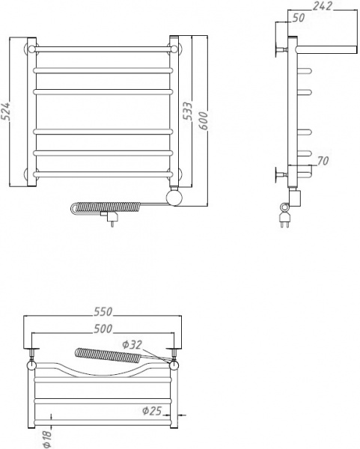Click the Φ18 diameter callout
pyautogui.click(x=46, y=437)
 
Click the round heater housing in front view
pyautogui.click(x=174, y=198)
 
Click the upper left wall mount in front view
pyautogui.click(x=31, y=50)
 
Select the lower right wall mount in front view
pyautogui.click(x=174, y=174)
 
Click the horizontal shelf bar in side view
pyautogui.click(x=326, y=49)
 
